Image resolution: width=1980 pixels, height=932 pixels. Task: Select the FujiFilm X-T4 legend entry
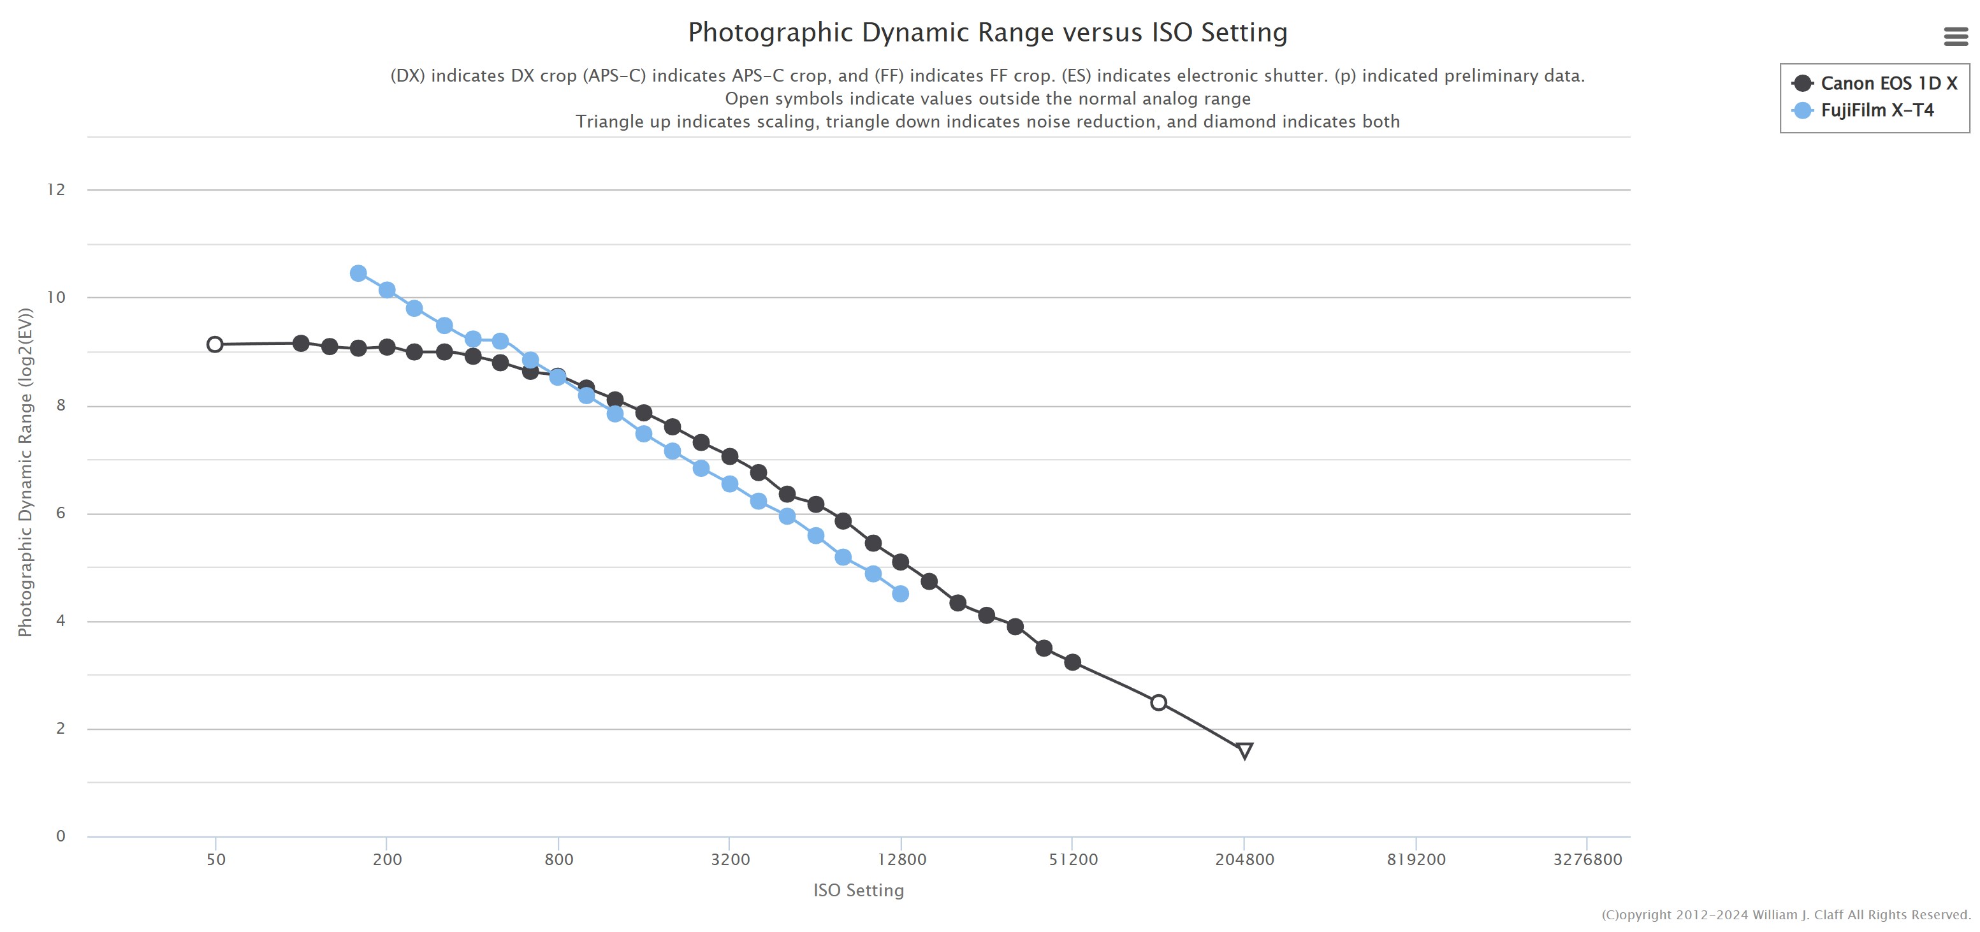pos(1876,110)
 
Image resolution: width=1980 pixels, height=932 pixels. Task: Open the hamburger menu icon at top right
pos(1955,36)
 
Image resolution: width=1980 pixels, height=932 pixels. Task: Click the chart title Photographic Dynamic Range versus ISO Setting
pos(987,33)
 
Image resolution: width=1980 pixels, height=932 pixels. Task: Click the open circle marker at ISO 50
pos(215,344)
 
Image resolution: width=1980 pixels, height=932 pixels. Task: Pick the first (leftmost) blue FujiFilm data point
pos(358,273)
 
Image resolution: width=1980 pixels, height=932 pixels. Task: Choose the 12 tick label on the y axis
pos(56,190)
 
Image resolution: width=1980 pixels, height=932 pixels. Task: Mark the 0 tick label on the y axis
pos(61,836)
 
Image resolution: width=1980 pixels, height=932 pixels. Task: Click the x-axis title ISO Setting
pos(859,891)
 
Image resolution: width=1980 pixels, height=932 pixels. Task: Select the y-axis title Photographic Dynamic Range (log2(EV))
pos(25,472)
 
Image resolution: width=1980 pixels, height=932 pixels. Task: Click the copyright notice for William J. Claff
pos(1786,915)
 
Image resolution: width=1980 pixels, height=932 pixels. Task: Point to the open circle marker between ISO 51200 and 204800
pos(1159,703)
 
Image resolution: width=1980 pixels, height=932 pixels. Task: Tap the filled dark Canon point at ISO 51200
pos(1073,662)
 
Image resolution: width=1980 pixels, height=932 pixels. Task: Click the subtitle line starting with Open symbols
pos(987,98)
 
